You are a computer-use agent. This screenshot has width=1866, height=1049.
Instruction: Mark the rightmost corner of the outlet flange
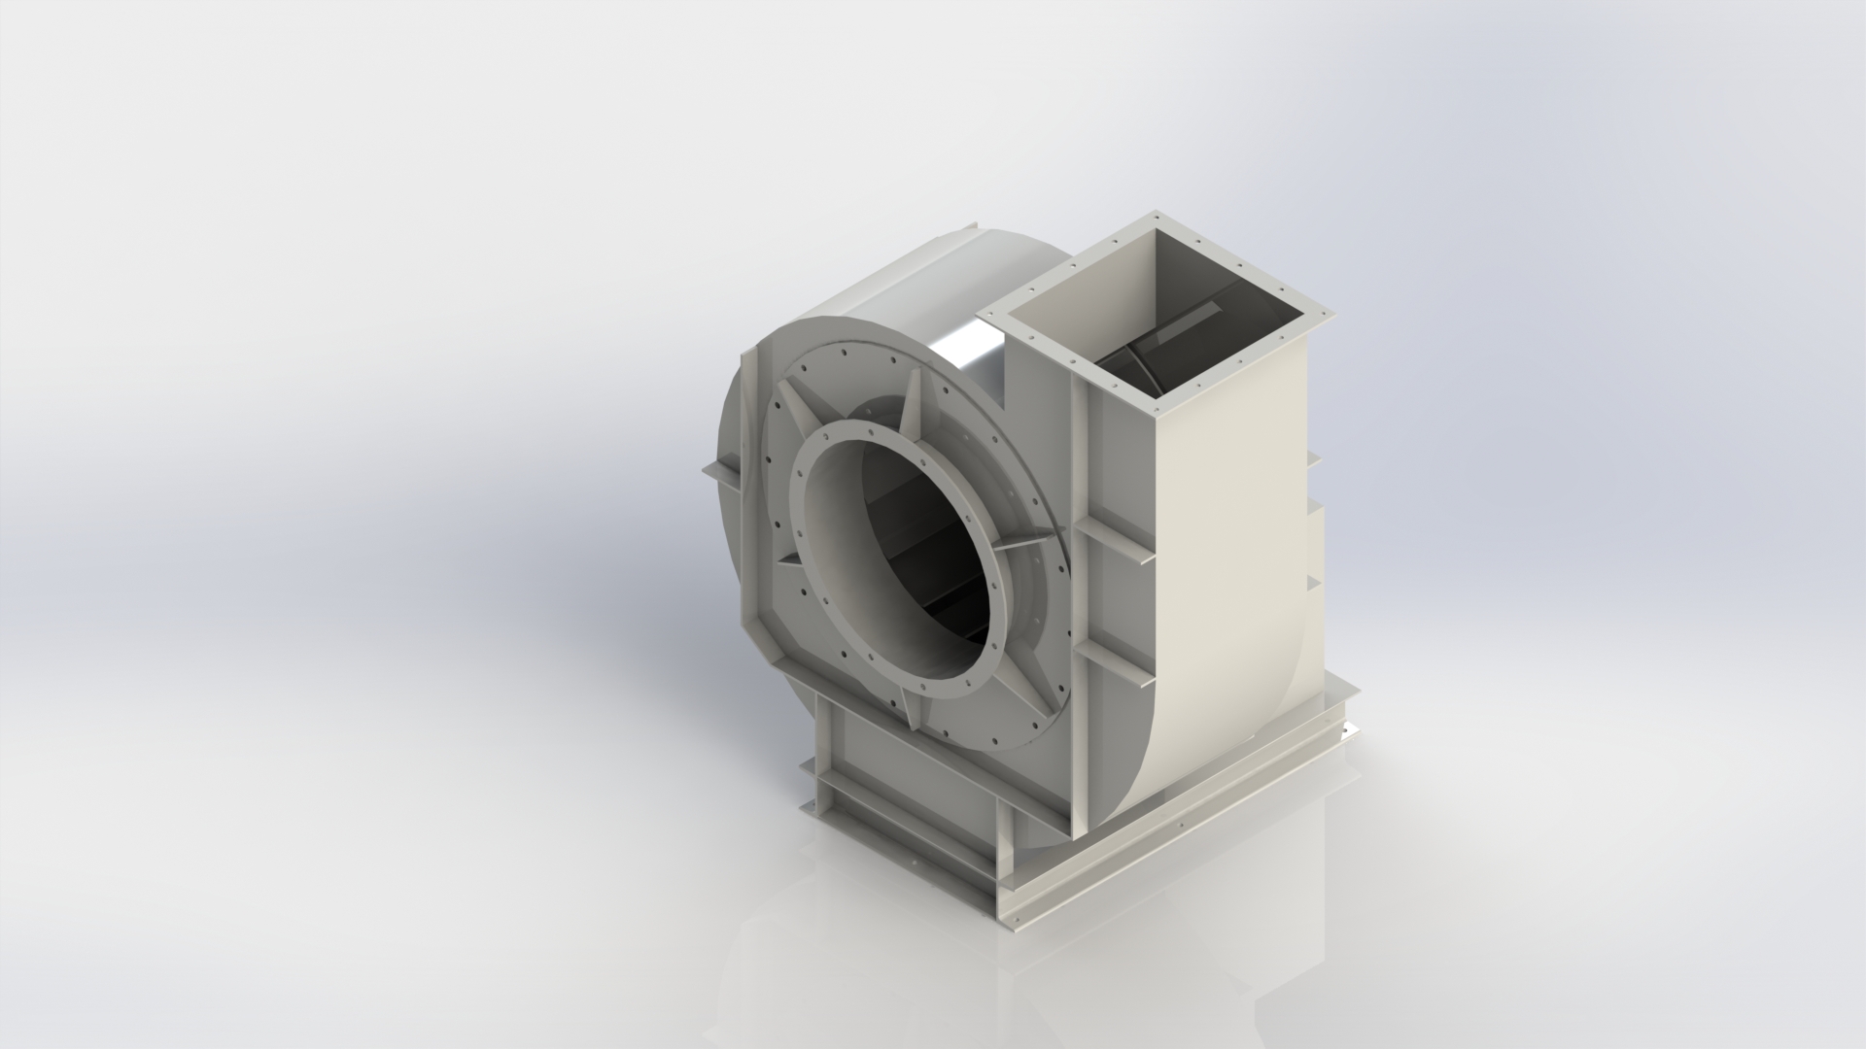pyautogui.click(x=1330, y=312)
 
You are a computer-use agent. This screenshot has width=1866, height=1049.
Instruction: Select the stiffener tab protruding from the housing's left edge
pyautogui.click(x=719, y=472)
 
